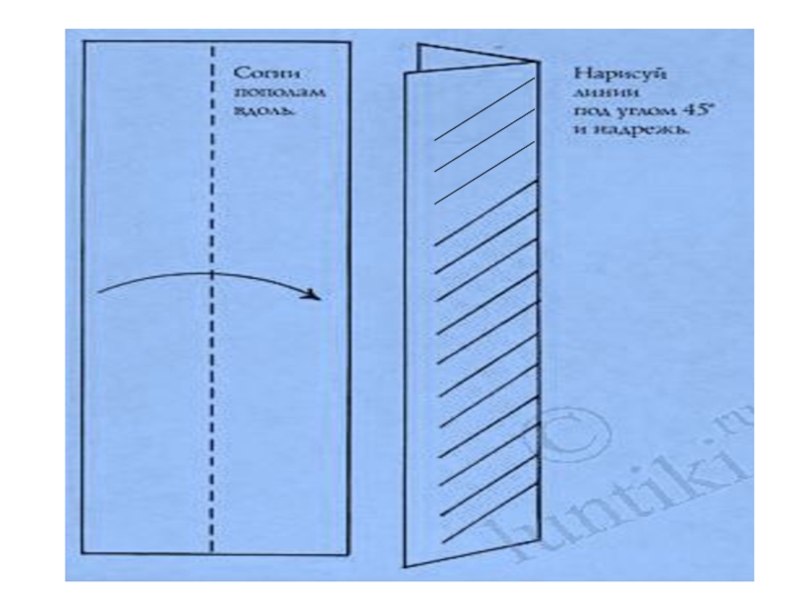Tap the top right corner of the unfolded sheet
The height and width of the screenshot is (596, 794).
[x=349, y=42]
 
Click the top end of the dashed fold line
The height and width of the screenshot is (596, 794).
[x=212, y=45]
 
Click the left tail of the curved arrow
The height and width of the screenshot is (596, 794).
[x=101, y=292]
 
